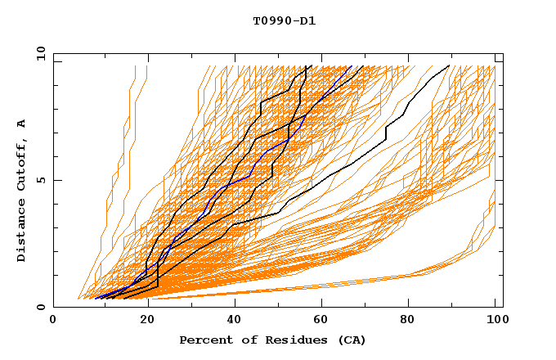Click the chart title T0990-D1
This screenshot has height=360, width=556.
pyautogui.click(x=284, y=21)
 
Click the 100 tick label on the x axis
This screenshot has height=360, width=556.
pyautogui.click(x=495, y=320)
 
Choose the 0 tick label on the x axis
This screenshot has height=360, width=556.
pyautogui.click(x=54, y=320)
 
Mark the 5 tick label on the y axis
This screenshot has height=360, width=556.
pyautogui.click(x=40, y=180)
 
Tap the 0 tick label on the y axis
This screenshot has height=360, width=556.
pyautogui.click(x=40, y=307)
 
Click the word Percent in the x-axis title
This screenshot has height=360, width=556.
pyautogui.click(x=204, y=340)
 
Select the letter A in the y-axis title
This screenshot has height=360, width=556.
pyautogui.click(x=21, y=124)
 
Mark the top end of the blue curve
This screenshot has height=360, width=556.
pyautogui.click(x=351, y=66)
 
